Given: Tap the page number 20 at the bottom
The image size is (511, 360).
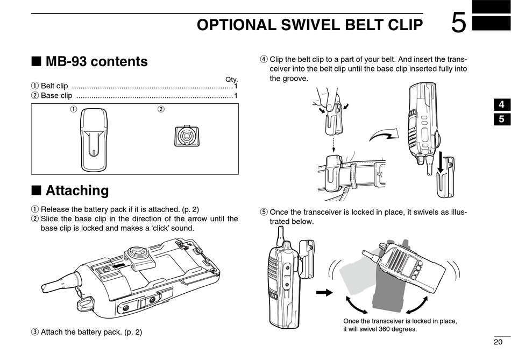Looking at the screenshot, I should coord(498,342).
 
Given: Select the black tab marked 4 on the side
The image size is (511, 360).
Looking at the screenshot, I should coord(501,105).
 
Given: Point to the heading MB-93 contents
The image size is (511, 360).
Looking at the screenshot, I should coord(96,61).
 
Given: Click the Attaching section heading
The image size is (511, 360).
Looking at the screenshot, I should coord(77,190).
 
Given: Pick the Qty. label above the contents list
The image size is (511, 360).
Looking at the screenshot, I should coord(231,80).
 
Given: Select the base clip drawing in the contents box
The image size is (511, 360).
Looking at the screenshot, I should coord(187,137).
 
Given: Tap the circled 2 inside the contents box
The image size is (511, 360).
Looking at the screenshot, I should coord(160,110).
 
